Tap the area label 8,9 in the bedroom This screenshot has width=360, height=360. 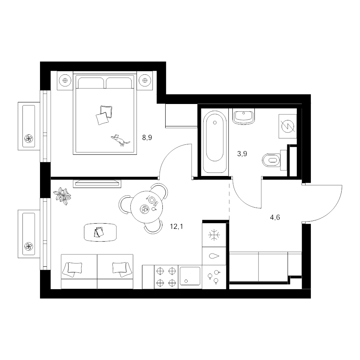pos(147,138)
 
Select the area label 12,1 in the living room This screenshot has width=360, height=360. pos(176,227)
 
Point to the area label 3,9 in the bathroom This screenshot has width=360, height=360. pos(242,154)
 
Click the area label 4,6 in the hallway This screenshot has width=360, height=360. pos(275,217)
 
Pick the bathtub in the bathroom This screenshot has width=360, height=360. pos(215,142)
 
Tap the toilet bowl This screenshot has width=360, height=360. pos(272,160)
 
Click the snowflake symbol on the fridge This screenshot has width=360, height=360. pos(214,235)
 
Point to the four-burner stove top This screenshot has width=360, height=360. pos(166,277)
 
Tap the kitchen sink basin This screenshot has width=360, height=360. pos(190,276)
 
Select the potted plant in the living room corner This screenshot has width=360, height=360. pos(62,196)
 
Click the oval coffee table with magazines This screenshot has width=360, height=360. pos(100,232)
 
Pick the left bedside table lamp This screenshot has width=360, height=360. pos(65,80)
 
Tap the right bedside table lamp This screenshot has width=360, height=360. pos(145,80)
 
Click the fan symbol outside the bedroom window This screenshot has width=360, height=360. pos(29,139)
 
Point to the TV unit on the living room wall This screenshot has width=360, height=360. pos(97,184)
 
